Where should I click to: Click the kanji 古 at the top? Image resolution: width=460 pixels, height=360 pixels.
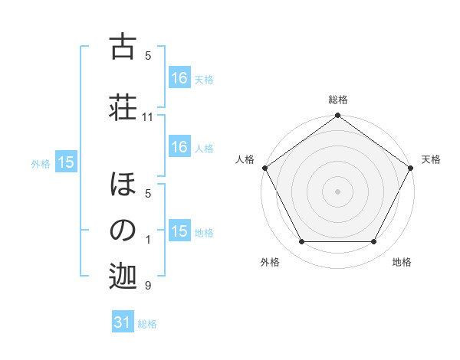[123, 47]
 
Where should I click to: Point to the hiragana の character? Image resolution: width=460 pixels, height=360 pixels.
[123, 231]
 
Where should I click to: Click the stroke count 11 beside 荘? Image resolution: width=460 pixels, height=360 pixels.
[148, 117]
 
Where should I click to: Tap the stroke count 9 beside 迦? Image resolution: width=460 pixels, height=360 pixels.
[148, 286]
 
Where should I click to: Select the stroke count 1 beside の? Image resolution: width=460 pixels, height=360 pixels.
[148, 239]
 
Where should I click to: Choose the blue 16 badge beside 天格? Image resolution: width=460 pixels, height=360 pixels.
[179, 77]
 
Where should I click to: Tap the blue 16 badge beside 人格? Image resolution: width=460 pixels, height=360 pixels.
[179, 147]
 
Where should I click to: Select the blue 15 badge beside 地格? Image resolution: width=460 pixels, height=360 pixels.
[179, 231]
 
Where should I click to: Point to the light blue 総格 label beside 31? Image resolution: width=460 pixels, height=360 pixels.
[147, 323]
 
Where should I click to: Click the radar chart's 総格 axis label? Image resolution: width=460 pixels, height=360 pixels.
[338, 100]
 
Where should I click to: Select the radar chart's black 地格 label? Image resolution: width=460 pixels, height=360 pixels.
[402, 262]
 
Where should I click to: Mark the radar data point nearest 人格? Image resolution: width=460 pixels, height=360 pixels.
[265, 168]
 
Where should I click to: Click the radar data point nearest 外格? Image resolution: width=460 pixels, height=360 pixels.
[301, 242]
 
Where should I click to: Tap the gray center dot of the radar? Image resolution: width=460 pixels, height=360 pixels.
[338, 191]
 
